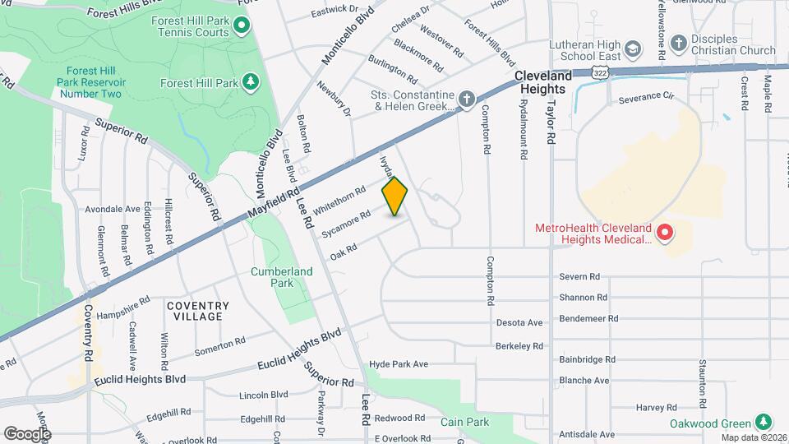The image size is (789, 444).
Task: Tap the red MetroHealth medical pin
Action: (665, 234)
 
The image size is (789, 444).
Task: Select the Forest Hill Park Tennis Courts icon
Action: (242, 27)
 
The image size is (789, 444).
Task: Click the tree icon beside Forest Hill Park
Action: (251, 82)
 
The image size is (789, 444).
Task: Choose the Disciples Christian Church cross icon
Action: (679, 43)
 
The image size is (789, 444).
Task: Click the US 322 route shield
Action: (602, 73)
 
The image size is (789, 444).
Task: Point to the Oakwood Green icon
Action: (764, 421)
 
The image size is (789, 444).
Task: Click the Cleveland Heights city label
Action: (540, 82)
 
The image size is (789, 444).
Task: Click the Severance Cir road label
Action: (645, 97)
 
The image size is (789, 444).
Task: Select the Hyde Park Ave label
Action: (399, 363)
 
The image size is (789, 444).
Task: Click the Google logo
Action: (27, 432)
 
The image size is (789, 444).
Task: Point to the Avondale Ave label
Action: (113, 209)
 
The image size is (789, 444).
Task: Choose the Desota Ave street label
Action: (519, 322)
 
